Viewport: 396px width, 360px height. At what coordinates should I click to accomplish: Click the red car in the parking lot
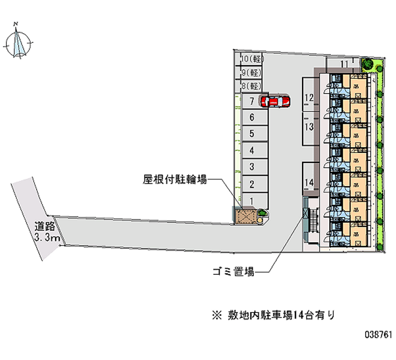coord(276,101)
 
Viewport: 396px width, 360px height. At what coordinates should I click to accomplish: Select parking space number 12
coord(309,98)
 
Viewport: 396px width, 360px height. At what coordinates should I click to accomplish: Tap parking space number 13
coord(309,127)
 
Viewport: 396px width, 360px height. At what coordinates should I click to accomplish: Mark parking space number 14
coord(309,183)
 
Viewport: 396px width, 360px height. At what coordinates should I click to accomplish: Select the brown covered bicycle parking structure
coord(246,216)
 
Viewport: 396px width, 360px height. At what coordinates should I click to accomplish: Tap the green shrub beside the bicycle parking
coord(262,213)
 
